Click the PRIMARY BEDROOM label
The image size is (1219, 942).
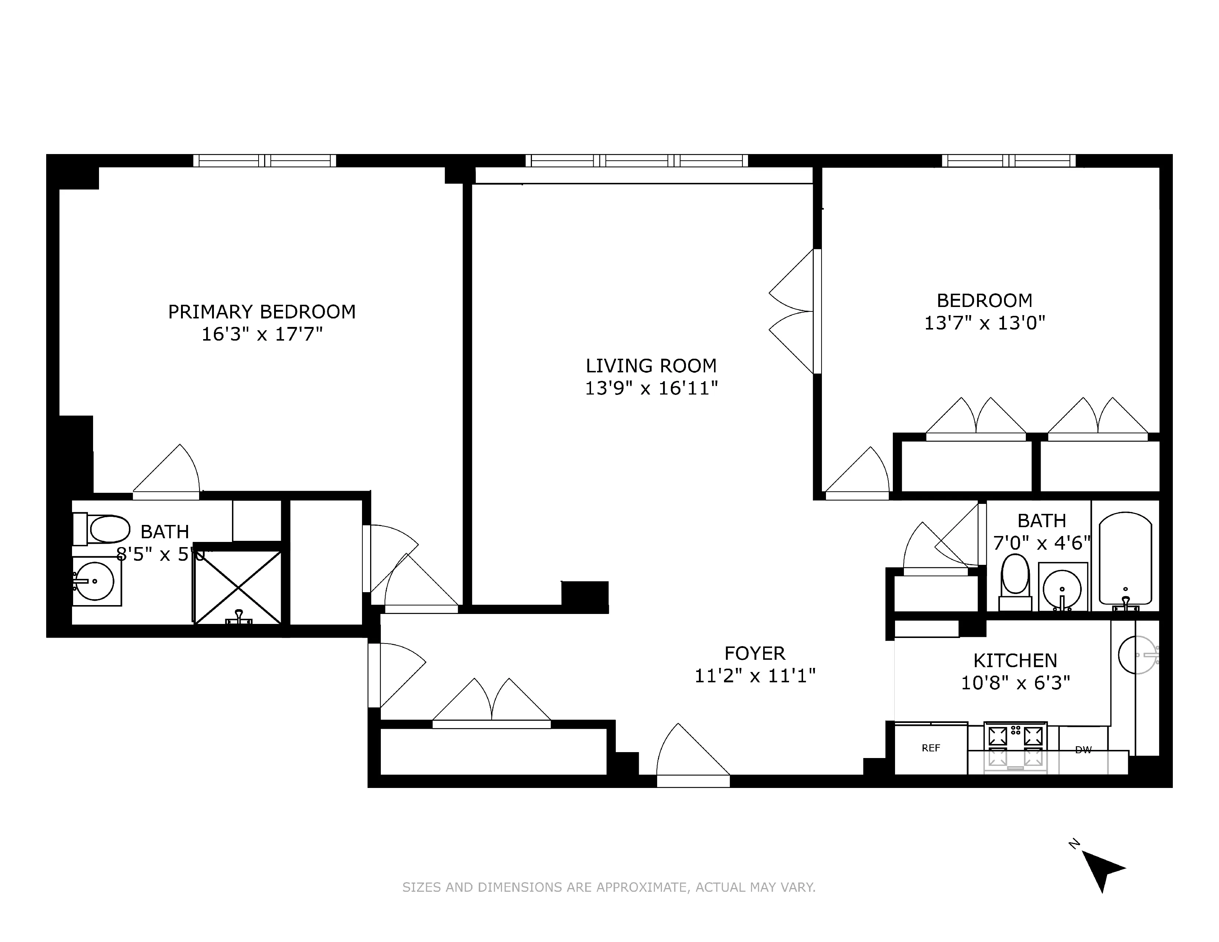point(262,311)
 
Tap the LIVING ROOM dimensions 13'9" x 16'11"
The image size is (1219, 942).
point(651,388)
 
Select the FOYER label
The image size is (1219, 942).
point(755,653)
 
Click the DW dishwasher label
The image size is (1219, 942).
point(1083,750)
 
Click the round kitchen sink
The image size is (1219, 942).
point(1137,655)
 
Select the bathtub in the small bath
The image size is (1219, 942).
point(1125,558)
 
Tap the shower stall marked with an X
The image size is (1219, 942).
point(238,587)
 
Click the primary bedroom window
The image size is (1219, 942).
point(264,161)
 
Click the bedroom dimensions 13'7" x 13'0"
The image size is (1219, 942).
point(984,322)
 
